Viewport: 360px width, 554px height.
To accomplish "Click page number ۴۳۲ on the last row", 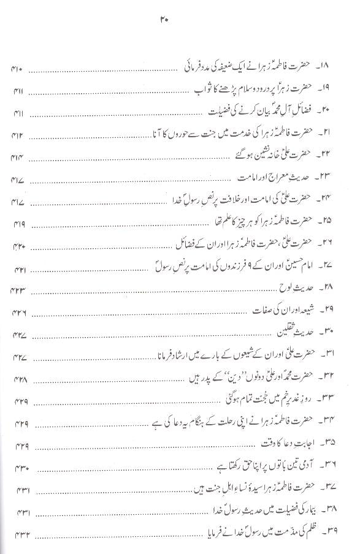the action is [x=18, y=533].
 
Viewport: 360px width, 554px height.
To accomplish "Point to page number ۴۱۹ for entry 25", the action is [x=18, y=224].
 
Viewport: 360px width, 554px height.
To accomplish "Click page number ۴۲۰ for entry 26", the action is [x=18, y=247].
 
